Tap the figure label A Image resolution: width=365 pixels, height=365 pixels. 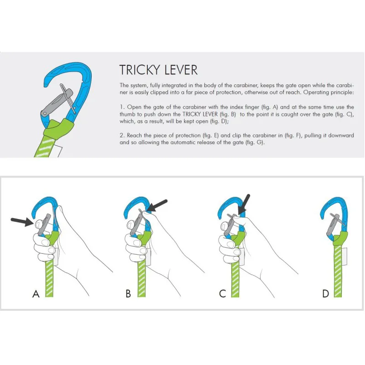pyautogui.click(x=36, y=294)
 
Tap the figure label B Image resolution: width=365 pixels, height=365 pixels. pyautogui.click(x=128, y=294)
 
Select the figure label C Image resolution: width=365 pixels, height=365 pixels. pyautogui.click(x=223, y=294)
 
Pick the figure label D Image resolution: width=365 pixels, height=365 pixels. pyautogui.click(x=326, y=294)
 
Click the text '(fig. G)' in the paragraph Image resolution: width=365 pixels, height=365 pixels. pyautogui.click(x=253, y=143)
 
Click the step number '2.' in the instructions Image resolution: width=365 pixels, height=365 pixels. pyautogui.click(x=122, y=136)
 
